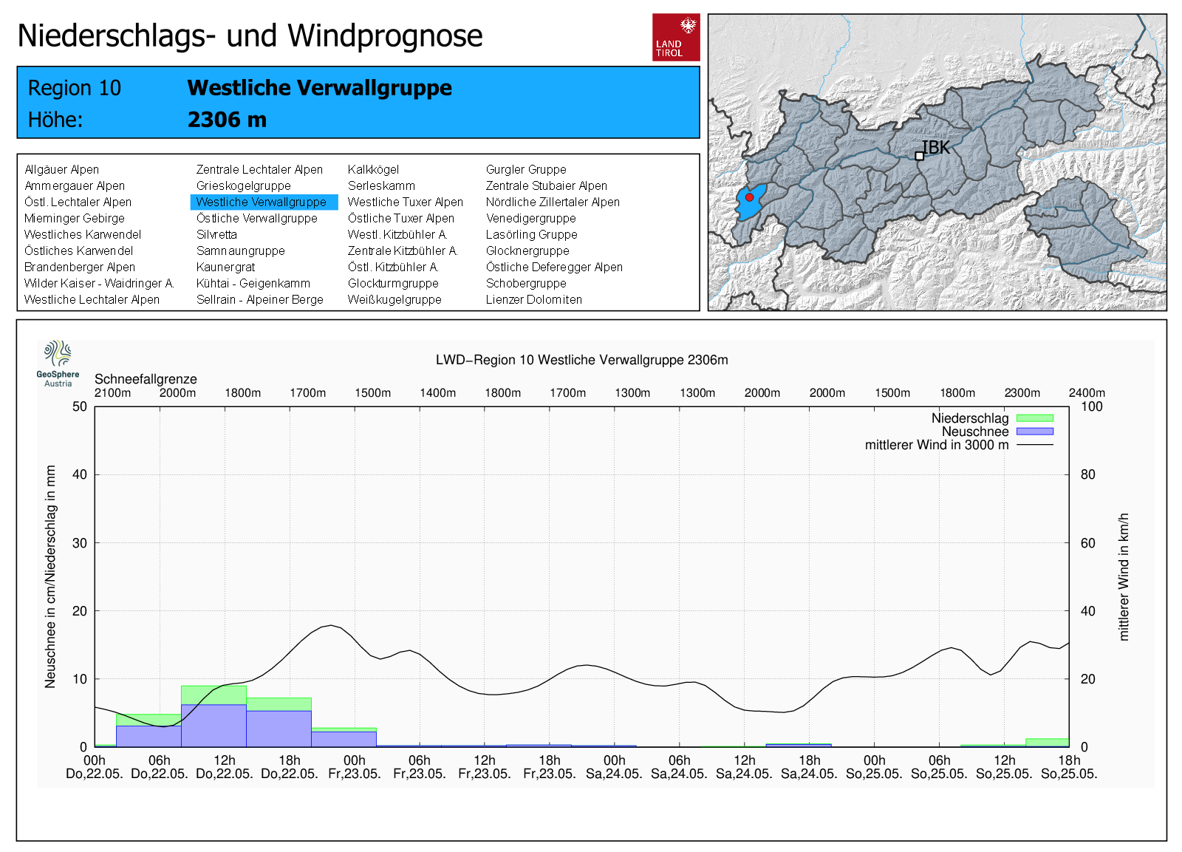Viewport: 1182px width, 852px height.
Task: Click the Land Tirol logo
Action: pyautogui.click(x=676, y=37)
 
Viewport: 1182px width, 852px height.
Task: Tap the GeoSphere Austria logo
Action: pyautogui.click(x=58, y=363)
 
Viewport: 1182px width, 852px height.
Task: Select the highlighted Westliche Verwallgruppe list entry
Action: pyautogui.click(x=262, y=202)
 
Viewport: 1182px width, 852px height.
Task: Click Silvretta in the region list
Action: pyautogui.click(x=216, y=235)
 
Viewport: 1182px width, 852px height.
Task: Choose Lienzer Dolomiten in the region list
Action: pyautogui.click(x=533, y=300)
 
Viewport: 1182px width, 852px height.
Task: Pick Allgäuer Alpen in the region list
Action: pyautogui.click(x=61, y=170)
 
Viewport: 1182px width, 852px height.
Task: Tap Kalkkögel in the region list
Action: pyautogui.click(x=373, y=170)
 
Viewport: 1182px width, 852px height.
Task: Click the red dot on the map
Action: pyautogui.click(x=749, y=197)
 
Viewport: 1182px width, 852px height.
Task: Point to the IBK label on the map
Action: pyautogui.click(x=936, y=148)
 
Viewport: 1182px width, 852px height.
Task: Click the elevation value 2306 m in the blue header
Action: pyautogui.click(x=227, y=120)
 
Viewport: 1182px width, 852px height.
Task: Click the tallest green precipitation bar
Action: pyautogui.click(x=213, y=695)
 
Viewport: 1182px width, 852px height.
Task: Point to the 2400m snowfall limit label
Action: pyautogui.click(x=1087, y=393)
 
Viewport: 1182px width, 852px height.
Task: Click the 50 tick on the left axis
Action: pyautogui.click(x=80, y=406)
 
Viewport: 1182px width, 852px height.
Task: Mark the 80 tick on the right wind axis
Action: pyautogui.click(x=1087, y=474)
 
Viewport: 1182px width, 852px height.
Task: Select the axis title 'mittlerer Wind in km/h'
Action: pyautogui.click(x=1124, y=576)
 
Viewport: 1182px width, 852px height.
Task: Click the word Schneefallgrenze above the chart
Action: pyautogui.click(x=146, y=379)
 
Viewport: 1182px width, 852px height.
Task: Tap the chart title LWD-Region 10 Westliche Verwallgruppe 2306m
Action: pyautogui.click(x=581, y=360)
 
